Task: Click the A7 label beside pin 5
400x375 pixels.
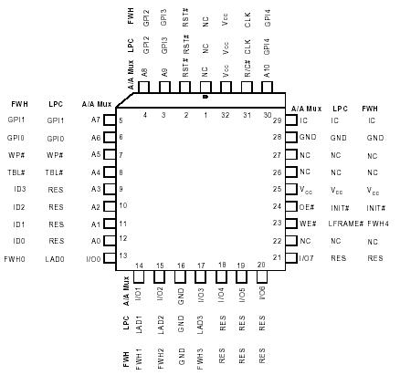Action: pyautogui.click(x=97, y=120)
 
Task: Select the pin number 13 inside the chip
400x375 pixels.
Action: pyautogui.click(x=121, y=256)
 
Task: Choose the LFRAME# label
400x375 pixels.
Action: pyautogui.click(x=338, y=224)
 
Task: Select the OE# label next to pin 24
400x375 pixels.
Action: pyautogui.click(x=307, y=206)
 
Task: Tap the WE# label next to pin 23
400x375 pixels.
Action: pyautogui.click(x=307, y=224)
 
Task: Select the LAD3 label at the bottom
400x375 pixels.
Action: pyautogui.click(x=201, y=324)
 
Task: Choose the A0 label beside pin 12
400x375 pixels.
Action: pyautogui.click(x=97, y=241)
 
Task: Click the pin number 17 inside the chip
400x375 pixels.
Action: pyautogui.click(x=201, y=266)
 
